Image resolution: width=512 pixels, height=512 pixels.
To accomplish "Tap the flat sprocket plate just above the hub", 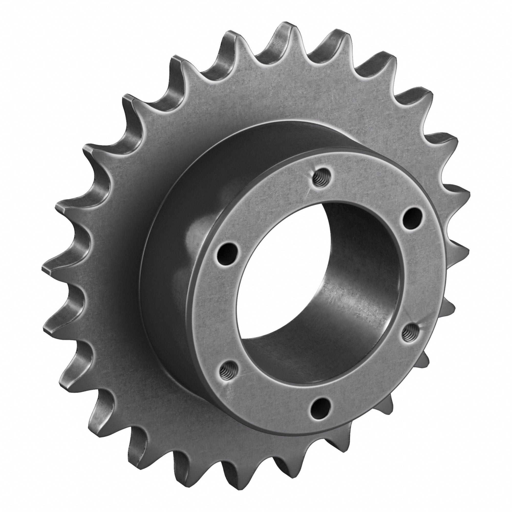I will pyautogui.click(x=265, y=101).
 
